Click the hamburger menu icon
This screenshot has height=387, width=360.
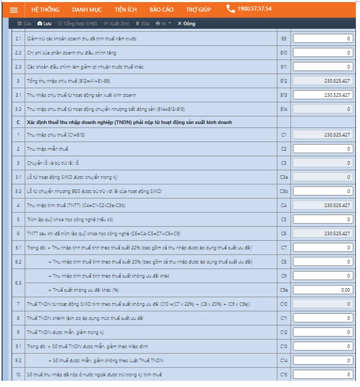click(14, 9)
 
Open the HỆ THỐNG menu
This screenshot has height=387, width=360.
click(45, 9)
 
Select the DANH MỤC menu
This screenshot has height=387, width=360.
click(86, 9)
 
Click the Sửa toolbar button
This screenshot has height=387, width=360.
click(24, 24)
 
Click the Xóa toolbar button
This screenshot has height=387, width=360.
click(142, 24)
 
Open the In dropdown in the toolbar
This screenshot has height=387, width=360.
click(163, 24)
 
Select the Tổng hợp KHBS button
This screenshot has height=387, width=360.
click(77, 24)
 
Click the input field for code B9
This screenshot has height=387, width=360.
click(322, 39)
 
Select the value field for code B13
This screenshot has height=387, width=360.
click(322, 95)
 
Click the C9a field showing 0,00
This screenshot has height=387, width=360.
click(322, 290)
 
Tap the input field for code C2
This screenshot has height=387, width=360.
click(322, 149)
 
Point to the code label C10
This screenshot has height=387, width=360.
click(283, 304)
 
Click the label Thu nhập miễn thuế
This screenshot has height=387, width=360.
click(48, 149)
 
